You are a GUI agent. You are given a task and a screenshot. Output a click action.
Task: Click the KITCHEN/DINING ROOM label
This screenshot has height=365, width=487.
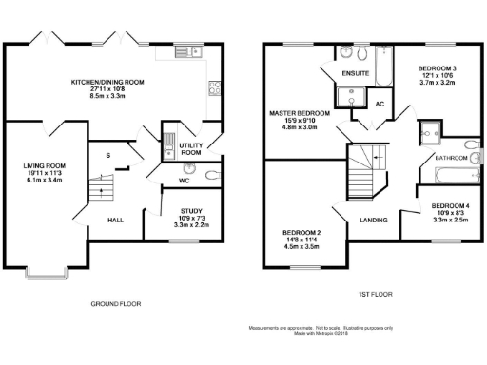107,82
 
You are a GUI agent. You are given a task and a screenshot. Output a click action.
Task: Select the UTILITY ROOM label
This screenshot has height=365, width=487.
190,148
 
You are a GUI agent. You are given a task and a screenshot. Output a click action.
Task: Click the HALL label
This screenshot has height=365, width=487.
114,220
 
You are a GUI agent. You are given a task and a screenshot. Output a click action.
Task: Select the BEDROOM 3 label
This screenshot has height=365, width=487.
438,68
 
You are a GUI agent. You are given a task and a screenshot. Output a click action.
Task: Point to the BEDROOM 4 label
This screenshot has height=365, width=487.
448,206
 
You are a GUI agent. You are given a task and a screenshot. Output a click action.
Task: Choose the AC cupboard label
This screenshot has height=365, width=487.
380,103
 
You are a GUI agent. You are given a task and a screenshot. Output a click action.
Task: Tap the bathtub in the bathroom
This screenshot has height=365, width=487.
444,175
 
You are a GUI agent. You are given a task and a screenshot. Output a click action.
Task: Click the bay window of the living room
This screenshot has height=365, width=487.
48,277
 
